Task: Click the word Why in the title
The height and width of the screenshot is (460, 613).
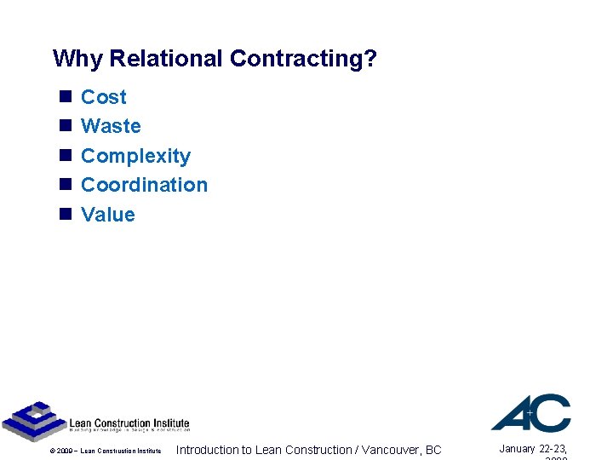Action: (78, 59)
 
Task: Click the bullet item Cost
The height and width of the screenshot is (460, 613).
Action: (103, 97)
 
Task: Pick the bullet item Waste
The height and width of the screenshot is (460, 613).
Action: (111, 126)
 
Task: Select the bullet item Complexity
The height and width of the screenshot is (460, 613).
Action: (135, 156)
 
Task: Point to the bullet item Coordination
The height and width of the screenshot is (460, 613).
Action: (144, 185)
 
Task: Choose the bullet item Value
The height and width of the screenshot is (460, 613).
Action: (107, 215)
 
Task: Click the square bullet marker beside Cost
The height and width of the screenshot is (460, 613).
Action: (65, 97)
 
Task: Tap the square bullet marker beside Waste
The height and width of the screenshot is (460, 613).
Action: (65, 126)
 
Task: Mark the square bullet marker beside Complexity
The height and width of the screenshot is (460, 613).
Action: (65, 156)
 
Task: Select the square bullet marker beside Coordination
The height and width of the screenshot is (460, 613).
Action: (65, 185)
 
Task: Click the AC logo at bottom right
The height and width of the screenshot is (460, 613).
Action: (530, 413)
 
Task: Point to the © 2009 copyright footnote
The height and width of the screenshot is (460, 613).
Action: (105, 451)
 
